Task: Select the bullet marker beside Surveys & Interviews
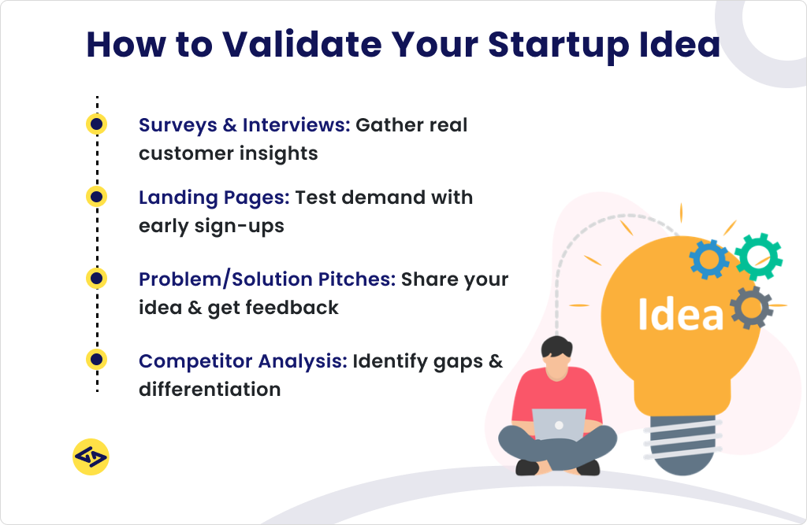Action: click(96, 124)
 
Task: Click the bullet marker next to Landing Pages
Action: click(96, 196)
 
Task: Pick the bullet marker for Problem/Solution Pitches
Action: click(96, 278)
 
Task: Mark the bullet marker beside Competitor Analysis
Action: click(96, 360)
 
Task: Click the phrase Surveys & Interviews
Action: click(244, 125)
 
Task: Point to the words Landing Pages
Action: click(214, 197)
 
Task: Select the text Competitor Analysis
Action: click(243, 361)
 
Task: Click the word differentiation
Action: click(210, 389)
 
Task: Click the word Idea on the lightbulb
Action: click(680, 313)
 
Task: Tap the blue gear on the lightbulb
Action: click(709, 260)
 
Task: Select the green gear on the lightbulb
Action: click(758, 257)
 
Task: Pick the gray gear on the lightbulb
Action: click(750, 306)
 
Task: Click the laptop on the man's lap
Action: click(559, 426)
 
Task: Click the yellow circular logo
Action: click(91, 457)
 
